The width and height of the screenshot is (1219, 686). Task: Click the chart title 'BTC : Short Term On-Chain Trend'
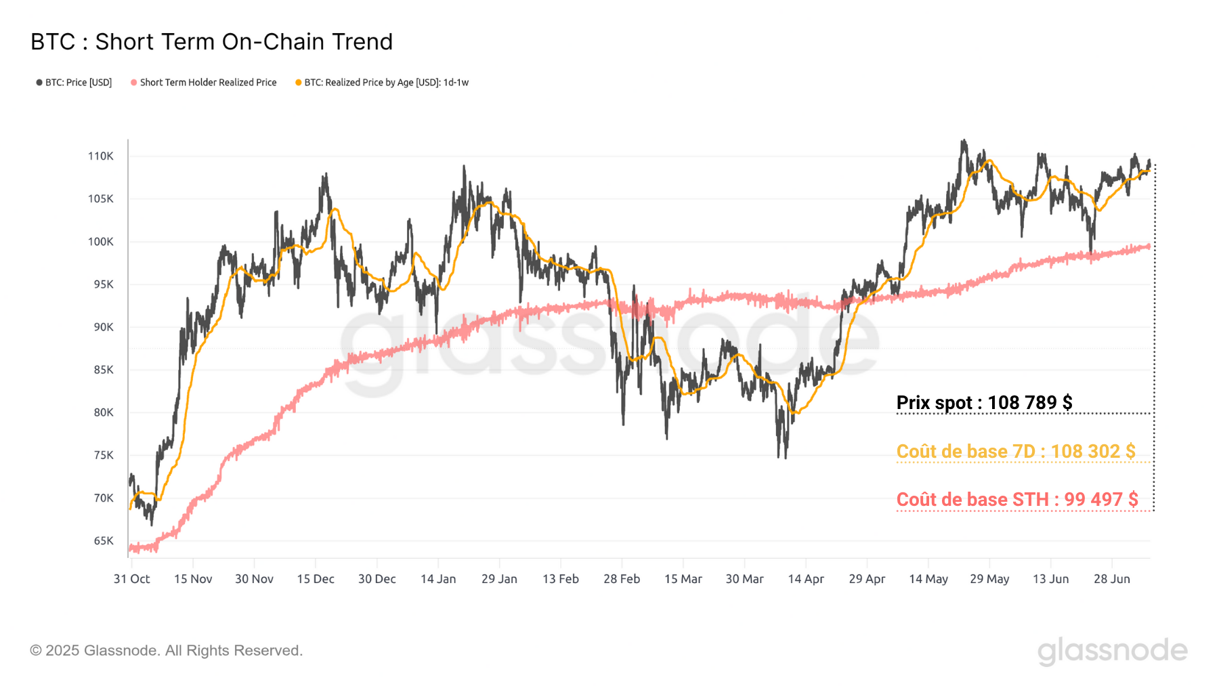tap(211, 42)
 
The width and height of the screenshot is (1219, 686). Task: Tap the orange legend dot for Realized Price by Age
tap(298, 83)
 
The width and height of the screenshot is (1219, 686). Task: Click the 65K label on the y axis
tap(103, 541)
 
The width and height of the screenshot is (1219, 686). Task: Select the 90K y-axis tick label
tap(103, 327)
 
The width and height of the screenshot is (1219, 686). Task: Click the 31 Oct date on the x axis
tap(131, 579)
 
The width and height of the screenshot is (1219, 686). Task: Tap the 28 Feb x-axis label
tap(622, 579)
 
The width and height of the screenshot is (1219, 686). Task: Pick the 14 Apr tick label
tap(806, 579)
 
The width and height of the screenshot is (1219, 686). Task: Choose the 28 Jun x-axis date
tap(1112, 579)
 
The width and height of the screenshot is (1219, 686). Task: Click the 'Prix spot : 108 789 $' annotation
tap(984, 403)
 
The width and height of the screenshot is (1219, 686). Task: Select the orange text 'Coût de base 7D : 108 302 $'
tap(1016, 452)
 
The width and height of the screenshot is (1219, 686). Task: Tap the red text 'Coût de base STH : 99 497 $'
tap(1017, 500)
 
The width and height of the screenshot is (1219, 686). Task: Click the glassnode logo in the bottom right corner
tap(1112, 651)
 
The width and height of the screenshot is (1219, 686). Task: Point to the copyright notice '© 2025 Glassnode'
tap(166, 651)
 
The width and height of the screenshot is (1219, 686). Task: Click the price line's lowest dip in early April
tap(785, 457)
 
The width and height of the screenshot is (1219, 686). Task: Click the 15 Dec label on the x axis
tap(316, 579)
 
